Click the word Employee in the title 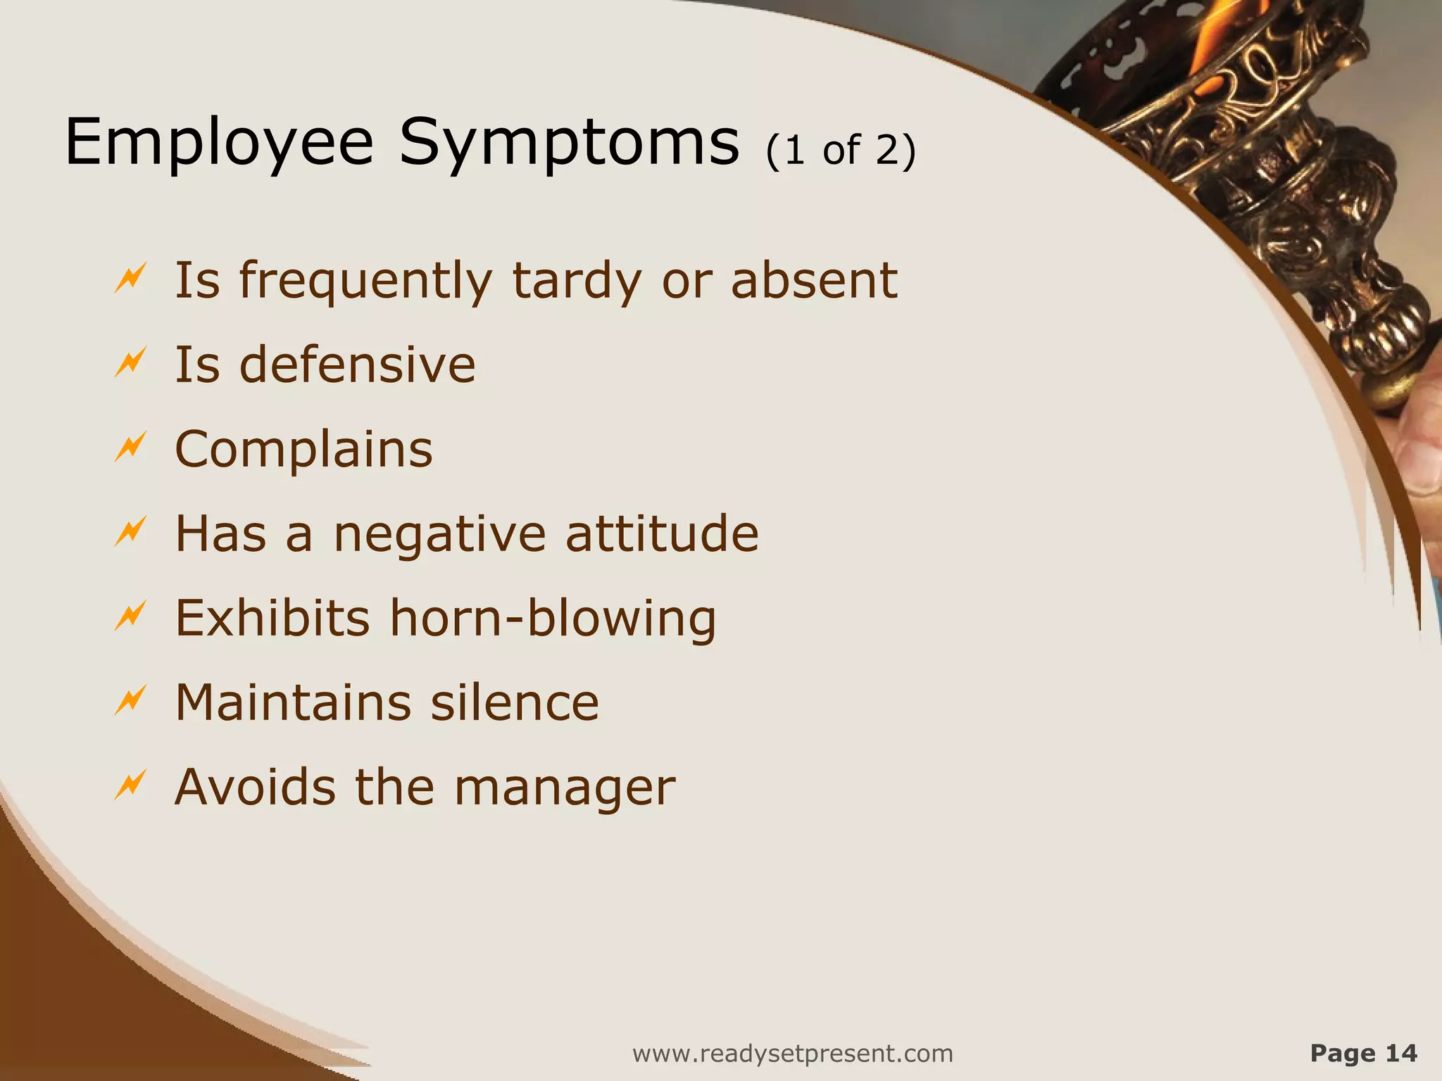(x=218, y=144)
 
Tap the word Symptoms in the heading (x=569, y=144)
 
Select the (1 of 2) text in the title (x=841, y=151)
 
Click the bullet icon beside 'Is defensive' (x=130, y=363)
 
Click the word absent (x=814, y=280)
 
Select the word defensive (x=358, y=365)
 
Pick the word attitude (x=662, y=533)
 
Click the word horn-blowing (x=553, y=618)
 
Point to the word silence (x=515, y=702)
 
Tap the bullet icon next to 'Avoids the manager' (x=130, y=785)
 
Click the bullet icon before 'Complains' (x=130, y=448)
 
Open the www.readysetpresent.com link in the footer (x=793, y=1054)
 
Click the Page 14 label (x=1363, y=1053)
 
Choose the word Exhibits (x=272, y=618)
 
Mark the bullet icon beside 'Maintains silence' (x=130, y=700)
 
